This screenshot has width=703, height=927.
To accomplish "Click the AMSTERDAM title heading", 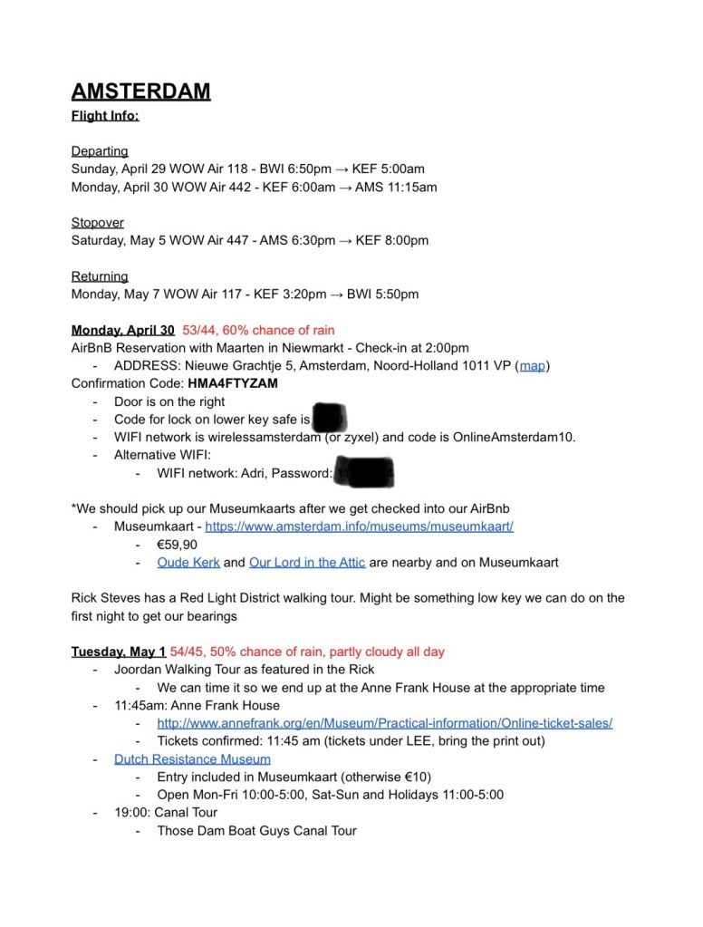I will (x=141, y=92).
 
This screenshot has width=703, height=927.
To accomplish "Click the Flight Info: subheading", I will (x=105, y=116).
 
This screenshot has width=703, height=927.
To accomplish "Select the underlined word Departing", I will (x=100, y=151).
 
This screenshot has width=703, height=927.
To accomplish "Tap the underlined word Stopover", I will (x=98, y=223).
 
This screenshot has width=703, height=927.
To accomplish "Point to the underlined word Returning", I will (x=100, y=276).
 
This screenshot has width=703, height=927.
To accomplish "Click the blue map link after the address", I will (x=532, y=366).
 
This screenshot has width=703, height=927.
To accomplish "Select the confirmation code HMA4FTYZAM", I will (x=233, y=383).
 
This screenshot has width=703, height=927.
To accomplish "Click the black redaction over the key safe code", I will (x=329, y=418).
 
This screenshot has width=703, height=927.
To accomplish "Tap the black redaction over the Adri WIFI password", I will (x=363, y=472).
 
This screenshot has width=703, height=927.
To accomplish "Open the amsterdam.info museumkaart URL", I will (x=359, y=526).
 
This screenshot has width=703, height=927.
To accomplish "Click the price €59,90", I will (x=177, y=545).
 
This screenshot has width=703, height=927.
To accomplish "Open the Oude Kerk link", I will (x=188, y=563).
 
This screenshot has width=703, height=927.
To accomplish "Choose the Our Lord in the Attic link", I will (x=307, y=563).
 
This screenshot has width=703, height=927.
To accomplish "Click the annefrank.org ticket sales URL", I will (x=384, y=723).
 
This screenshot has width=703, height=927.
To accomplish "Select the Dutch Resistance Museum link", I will (x=192, y=759).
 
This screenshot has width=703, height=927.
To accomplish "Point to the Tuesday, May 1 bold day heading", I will (x=119, y=652).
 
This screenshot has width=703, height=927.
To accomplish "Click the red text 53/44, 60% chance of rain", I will (x=258, y=330).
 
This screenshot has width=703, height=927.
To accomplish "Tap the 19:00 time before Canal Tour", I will (x=132, y=813).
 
